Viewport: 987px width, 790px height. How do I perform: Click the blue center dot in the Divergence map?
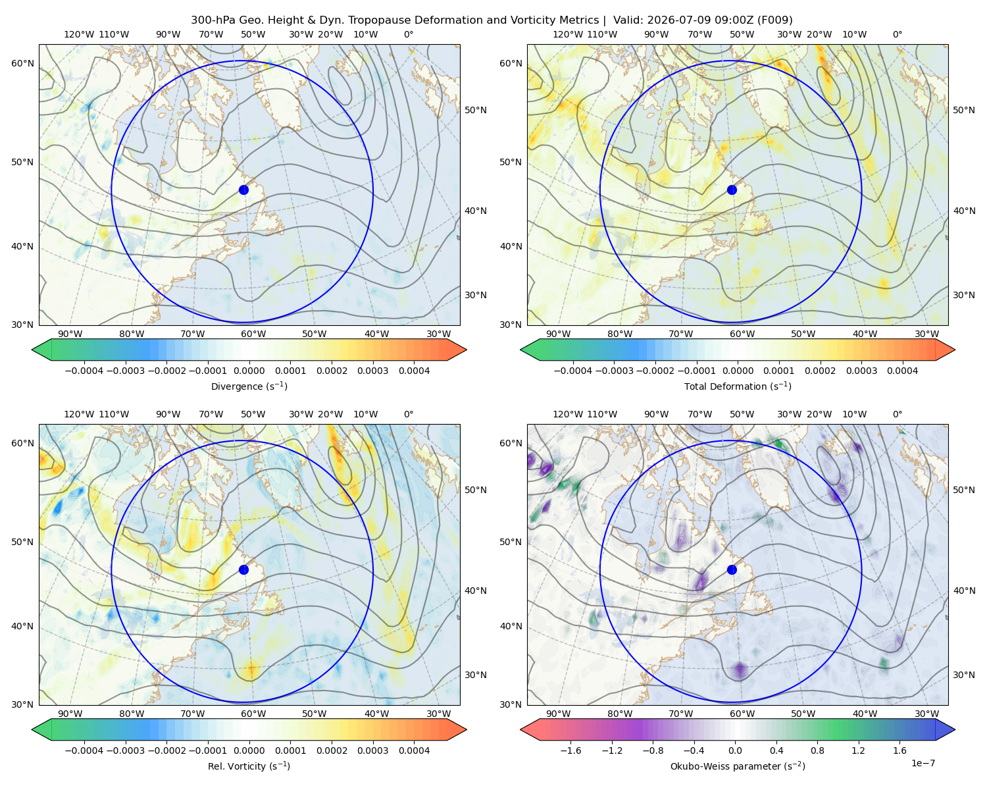coord(243,190)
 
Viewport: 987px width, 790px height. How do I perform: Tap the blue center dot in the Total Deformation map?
coord(732,190)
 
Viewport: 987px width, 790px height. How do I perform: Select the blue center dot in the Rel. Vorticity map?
coord(243,569)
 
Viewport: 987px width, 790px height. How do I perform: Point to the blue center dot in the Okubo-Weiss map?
coord(732,569)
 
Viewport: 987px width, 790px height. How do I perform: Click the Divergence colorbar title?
coord(249,386)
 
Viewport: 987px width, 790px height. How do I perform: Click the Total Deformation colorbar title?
coord(738,386)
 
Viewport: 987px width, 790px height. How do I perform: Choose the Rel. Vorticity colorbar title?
coord(249,766)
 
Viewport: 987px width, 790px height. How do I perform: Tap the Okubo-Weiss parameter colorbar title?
coord(738,766)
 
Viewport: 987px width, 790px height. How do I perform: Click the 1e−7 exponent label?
coord(923,764)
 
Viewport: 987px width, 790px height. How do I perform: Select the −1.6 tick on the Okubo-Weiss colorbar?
coord(570,750)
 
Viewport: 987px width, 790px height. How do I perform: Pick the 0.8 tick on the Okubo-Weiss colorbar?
coord(817,750)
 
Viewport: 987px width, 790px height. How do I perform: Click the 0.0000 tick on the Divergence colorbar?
coord(249,371)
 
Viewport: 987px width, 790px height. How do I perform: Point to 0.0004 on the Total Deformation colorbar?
coord(902,371)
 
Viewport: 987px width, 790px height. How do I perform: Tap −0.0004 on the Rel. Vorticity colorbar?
coord(84,750)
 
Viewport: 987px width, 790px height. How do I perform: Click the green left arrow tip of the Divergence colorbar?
coord(32,350)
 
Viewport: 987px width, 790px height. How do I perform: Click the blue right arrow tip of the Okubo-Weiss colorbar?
coord(955,729)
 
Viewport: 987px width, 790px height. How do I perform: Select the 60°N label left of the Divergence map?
coord(22,63)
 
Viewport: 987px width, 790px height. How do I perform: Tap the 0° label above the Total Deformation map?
coord(897,34)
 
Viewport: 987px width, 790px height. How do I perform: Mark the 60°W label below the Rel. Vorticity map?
coord(253,714)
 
